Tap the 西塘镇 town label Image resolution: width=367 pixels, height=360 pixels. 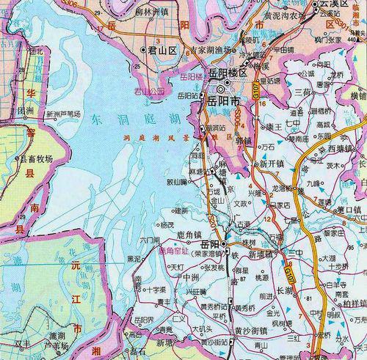(x=341, y=148)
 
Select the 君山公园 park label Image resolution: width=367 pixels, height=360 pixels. (x=148, y=93)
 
